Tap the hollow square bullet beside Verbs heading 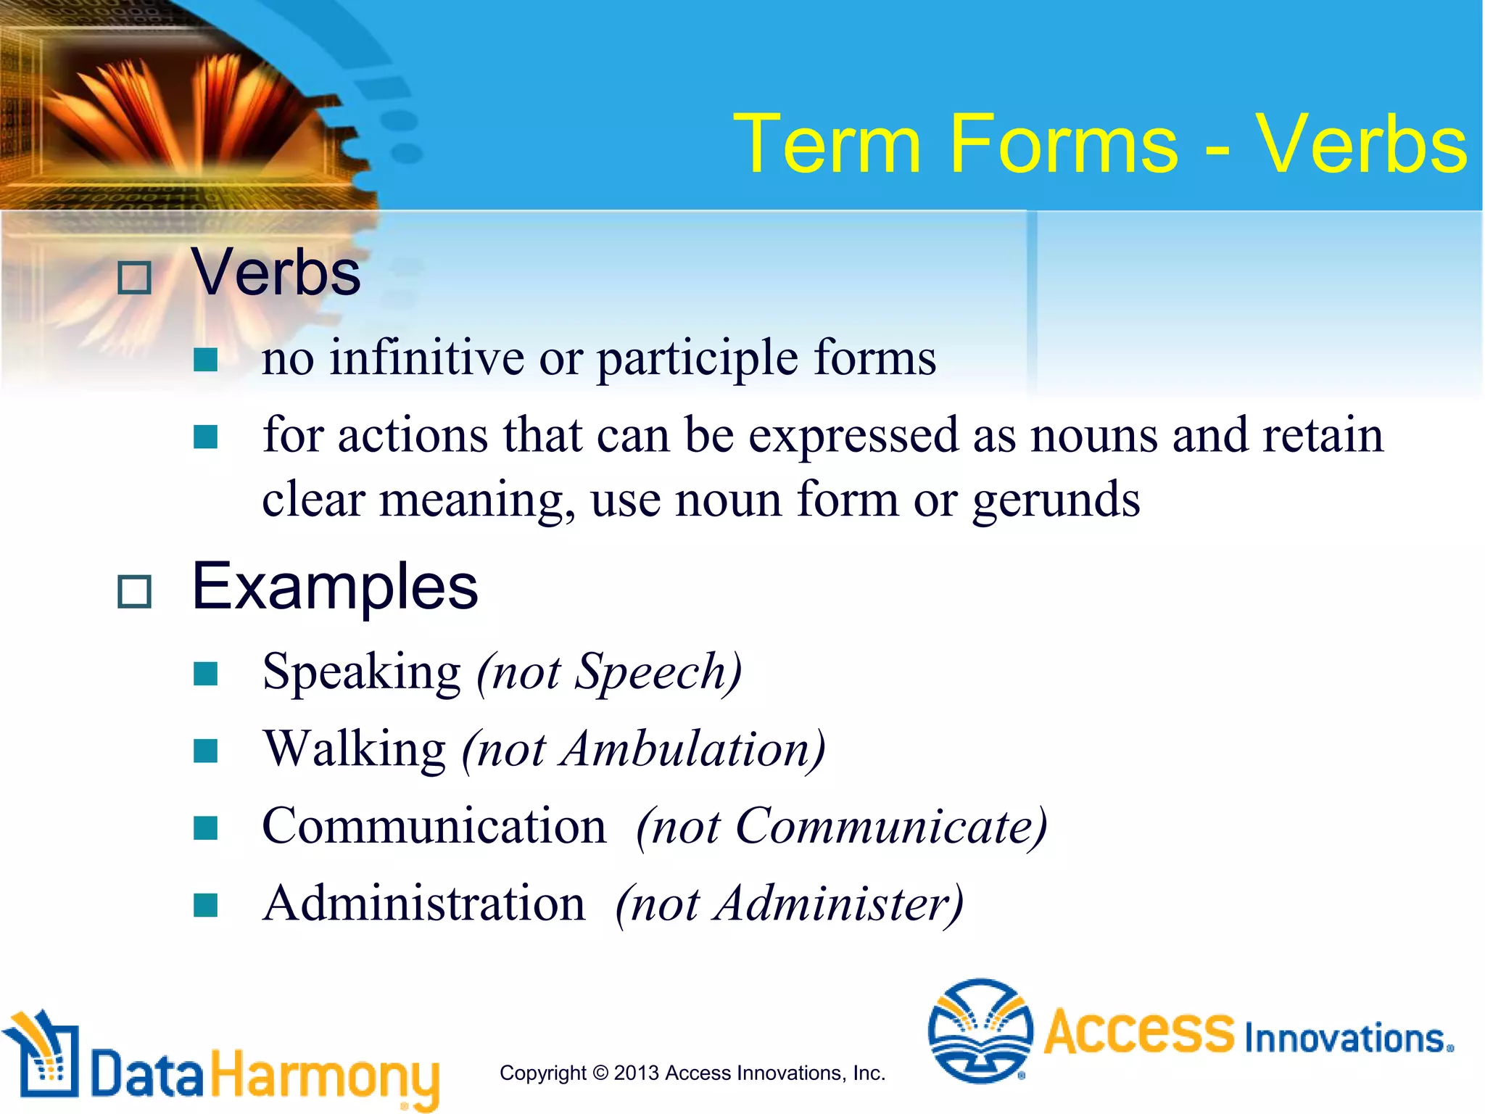134,278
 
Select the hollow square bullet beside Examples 134,592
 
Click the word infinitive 427,358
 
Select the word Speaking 361,673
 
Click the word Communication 434,827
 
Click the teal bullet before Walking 206,751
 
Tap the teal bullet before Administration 206,904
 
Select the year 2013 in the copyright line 636,1073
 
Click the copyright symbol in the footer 600,1073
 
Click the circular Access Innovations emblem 980,1031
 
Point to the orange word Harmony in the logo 325,1075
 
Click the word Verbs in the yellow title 1361,145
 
